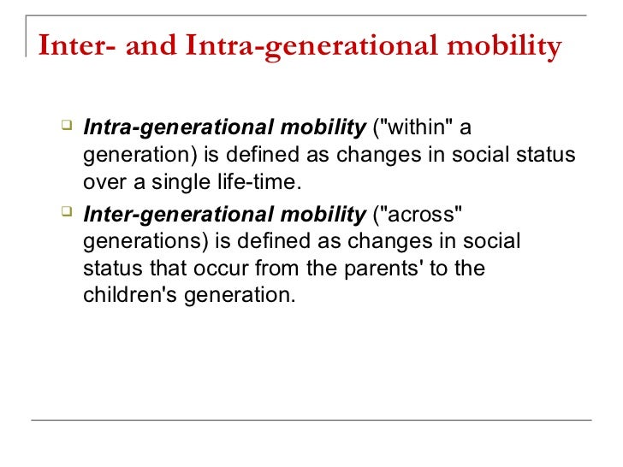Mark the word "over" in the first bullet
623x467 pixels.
(102, 184)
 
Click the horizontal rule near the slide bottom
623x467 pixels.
(311, 419)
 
